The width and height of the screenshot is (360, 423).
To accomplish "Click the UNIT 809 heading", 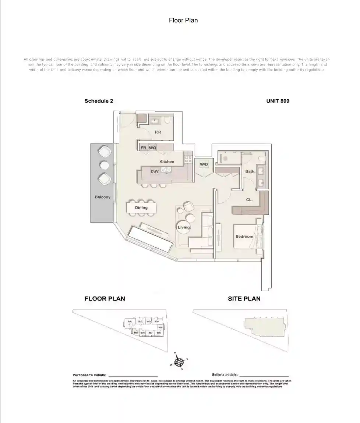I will pos(278,101).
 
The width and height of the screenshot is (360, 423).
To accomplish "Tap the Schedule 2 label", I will pos(99,101).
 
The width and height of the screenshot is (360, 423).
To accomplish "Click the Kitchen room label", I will pos(167,161).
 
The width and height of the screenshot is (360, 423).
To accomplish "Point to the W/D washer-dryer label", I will pos(204,164).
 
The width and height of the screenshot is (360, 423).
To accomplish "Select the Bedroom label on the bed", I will pos(244,236).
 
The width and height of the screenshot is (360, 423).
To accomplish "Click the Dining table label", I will pos(141,207).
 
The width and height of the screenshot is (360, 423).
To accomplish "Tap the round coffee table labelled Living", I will pos(184,227).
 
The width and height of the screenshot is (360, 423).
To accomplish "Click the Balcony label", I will pos(102,197).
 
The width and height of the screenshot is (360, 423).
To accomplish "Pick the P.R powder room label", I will pos(158,132).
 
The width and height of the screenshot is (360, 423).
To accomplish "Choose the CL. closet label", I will pos(249,200).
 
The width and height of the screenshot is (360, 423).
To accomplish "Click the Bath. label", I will pos(250,171).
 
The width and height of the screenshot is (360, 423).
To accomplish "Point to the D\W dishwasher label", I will pos(155,171).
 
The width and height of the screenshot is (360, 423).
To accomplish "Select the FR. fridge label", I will pos(144,148).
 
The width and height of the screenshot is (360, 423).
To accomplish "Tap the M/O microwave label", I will pos(152,148).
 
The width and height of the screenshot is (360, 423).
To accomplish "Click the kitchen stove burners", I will pos(188,159).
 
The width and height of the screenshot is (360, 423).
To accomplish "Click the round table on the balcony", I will pos(105,164).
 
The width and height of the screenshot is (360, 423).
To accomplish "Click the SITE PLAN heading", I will pos(244,299).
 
